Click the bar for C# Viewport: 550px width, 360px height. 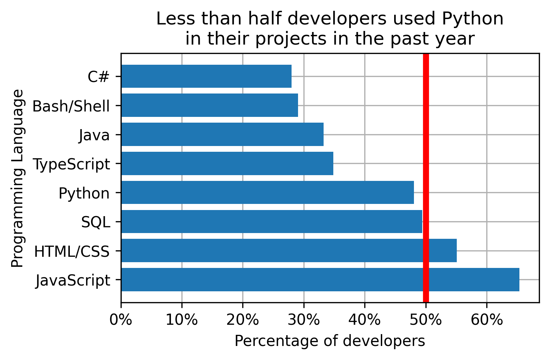(206, 76)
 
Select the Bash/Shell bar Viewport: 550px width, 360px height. (209, 105)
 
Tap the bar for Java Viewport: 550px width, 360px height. (222, 135)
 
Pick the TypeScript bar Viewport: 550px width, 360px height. (227, 164)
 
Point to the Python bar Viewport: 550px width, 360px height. (267, 193)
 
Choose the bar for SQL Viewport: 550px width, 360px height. (271, 222)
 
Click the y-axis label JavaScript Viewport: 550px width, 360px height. (73, 281)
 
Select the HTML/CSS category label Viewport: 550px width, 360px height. (72, 251)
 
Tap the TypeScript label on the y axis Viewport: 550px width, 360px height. (71, 164)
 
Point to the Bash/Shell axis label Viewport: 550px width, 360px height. (71, 106)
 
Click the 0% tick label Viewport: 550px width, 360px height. (121, 319)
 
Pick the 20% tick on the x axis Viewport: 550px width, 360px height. (243, 319)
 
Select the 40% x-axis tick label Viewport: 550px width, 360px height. (365, 319)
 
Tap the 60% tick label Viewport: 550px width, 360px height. (487, 319)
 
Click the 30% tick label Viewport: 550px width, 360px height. (304, 319)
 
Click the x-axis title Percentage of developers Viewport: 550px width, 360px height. (330, 341)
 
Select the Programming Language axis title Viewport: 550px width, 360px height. (17, 178)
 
